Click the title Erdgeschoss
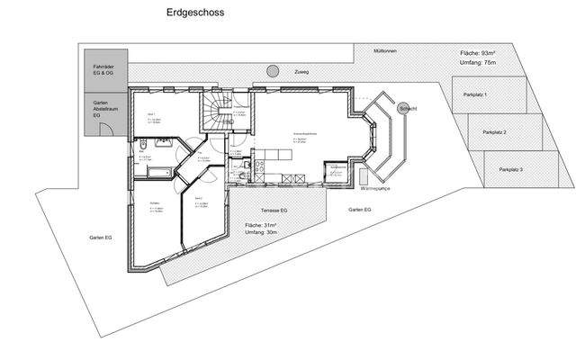[195, 13]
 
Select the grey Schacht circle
[402, 107]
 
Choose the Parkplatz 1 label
[474, 94]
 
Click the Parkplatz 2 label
[494, 132]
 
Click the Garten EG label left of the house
[100, 237]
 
